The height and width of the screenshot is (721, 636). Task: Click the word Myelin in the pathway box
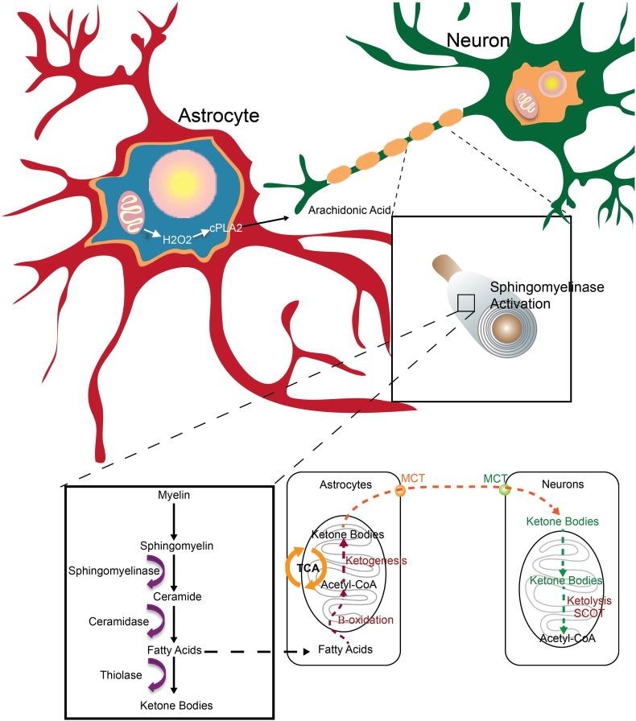[174, 496]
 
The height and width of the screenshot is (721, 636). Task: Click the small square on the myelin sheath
[465, 302]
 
